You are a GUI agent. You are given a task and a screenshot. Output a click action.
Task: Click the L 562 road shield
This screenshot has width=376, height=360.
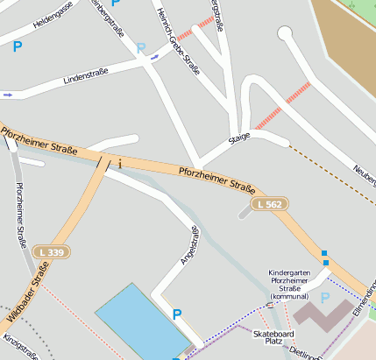tap(269, 204)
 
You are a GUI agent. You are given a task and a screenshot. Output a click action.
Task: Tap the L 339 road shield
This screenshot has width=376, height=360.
tap(52, 252)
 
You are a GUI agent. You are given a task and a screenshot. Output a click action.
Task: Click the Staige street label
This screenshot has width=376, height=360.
tap(239, 137)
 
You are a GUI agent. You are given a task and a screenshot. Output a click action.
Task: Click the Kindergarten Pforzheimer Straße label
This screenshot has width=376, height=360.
tap(295, 284)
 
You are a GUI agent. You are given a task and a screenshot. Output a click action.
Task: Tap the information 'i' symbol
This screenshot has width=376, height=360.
tap(119, 163)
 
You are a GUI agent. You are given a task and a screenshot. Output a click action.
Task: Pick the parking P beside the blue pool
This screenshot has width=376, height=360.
tap(178, 314)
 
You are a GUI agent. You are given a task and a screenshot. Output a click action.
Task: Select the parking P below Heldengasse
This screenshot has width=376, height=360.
tap(17, 47)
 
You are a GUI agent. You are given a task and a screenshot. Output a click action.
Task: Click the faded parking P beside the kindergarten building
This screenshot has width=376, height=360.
tap(325, 298)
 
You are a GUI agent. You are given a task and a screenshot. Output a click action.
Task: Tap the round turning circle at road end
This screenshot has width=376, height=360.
tap(284, 33)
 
